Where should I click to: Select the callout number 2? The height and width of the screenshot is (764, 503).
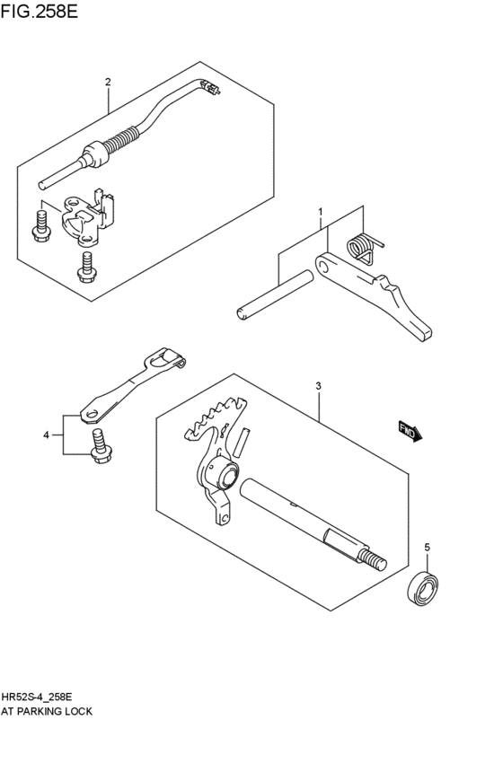click(x=108, y=83)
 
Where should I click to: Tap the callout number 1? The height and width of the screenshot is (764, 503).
click(x=319, y=212)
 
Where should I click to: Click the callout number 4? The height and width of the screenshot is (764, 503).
click(x=46, y=435)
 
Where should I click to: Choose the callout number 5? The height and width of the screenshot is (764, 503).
click(x=427, y=547)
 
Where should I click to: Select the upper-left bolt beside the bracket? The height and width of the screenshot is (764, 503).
click(x=40, y=224)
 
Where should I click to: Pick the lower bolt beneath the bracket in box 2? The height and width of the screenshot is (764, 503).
click(x=86, y=267)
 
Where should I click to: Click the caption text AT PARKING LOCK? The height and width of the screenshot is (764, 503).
click(x=47, y=710)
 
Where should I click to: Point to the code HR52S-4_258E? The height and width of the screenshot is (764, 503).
click(x=44, y=696)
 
